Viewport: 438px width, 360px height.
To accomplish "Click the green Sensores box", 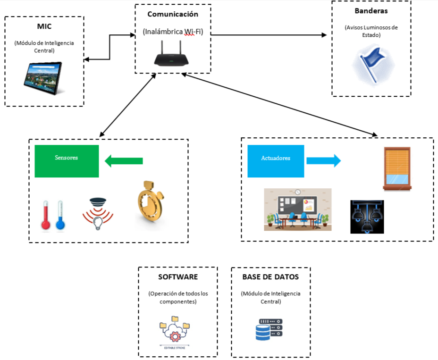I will click(x=67, y=161).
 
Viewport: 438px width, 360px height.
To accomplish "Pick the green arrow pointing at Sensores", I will click(x=123, y=161).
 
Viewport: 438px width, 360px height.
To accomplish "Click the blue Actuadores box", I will click(x=276, y=161).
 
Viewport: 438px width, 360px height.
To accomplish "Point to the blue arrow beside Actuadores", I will click(x=323, y=160).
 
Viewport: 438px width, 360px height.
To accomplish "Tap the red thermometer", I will click(x=46, y=216).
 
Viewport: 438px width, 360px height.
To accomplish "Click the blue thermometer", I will click(x=60, y=216).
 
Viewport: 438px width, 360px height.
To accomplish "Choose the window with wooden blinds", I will click(x=397, y=168).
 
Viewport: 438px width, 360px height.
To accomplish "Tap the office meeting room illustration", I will click(x=297, y=209).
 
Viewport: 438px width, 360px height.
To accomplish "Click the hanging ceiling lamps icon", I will click(x=367, y=217).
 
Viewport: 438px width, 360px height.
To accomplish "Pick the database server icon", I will click(x=269, y=329).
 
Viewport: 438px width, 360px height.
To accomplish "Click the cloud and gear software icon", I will click(x=175, y=330).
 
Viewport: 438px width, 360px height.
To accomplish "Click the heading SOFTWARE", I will click(x=177, y=277).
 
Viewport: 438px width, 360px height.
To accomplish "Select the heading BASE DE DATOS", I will click(x=270, y=277).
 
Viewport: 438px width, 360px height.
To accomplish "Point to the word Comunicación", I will click(x=173, y=15).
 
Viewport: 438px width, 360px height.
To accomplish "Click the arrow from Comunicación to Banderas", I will click(x=269, y=35).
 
